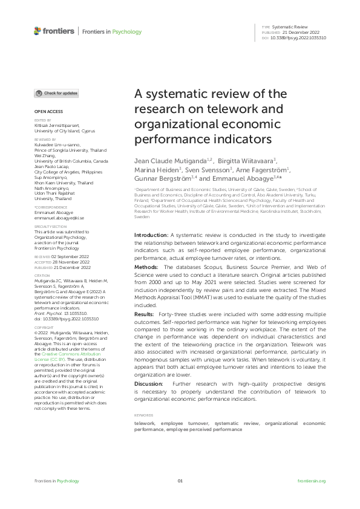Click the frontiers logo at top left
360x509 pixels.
[x=54, y=31]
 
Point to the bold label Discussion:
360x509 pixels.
[x=151, y=369]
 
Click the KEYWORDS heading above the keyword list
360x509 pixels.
[x=144, y=398]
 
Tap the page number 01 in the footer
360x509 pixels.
[x=180, y=481]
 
